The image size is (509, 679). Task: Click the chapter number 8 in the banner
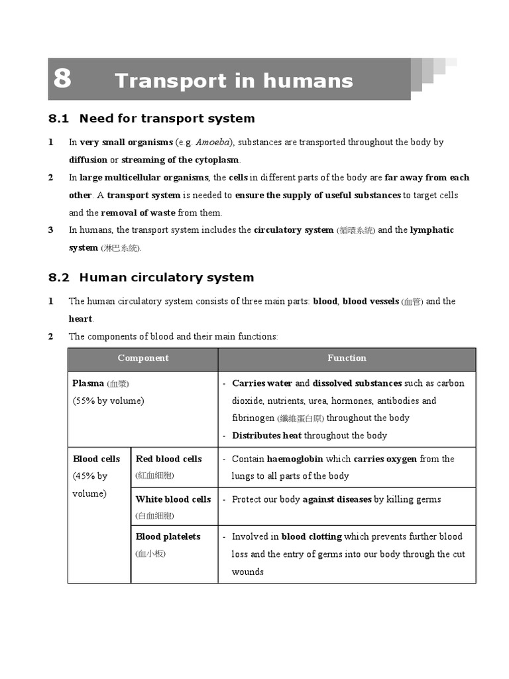click(x=62, y=79)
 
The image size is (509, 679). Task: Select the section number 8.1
click(x=59, y=119)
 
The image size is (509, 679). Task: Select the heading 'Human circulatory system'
click(x=166, y=278)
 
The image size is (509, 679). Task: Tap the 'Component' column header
click(x=143, y=358)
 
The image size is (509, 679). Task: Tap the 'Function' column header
click(x=347, y=358)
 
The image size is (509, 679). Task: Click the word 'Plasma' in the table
click(x=88, y=383)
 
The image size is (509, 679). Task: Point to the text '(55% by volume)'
click(x=108, y=401)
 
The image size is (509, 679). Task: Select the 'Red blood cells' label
click(x=168, y=459)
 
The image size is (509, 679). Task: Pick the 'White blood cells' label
click(x=173, y=499)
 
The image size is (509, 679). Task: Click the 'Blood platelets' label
click(x=168, y=536)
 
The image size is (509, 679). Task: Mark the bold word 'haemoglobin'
click(x=295, y=459)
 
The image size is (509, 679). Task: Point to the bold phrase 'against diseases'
click(x=337, y=499)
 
